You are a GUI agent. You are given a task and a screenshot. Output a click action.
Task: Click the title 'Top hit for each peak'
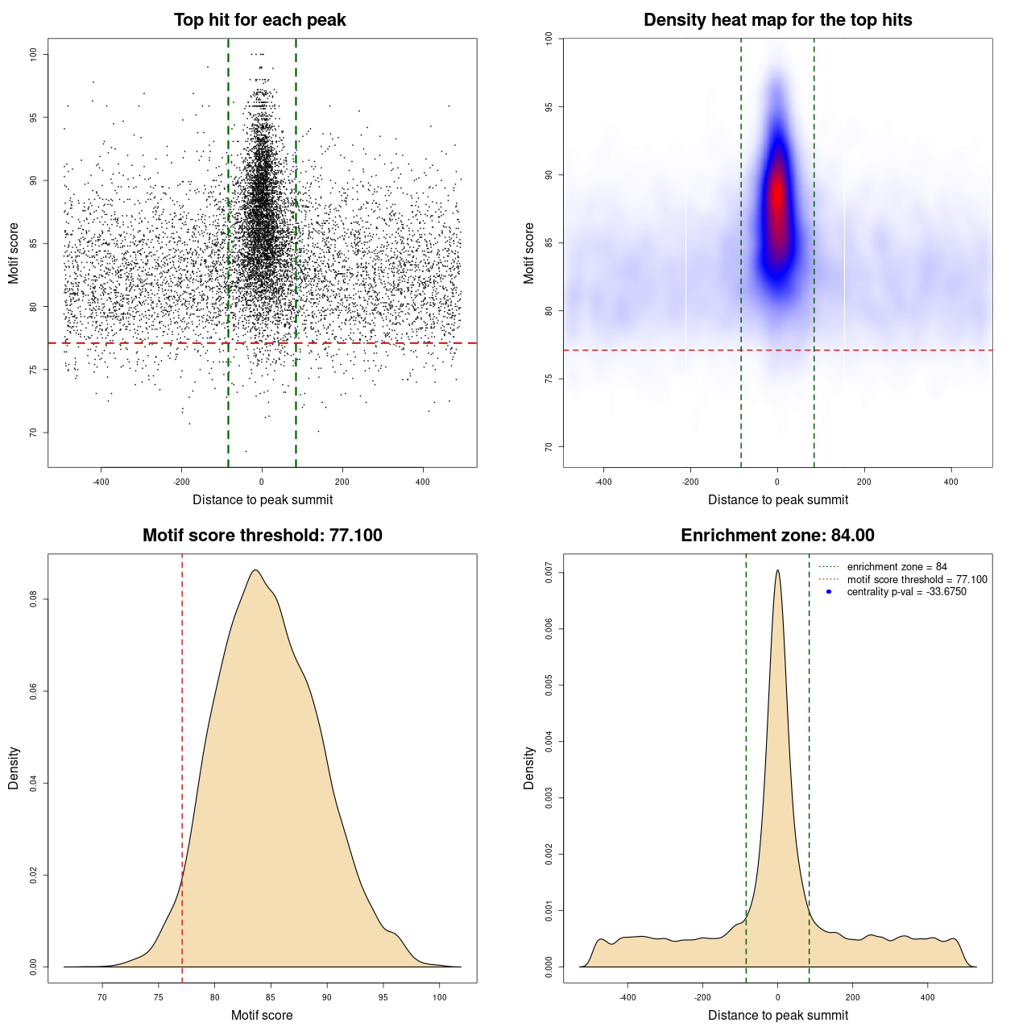click(259, 20)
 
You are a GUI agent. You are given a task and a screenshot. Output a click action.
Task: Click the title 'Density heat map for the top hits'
click(777, 20)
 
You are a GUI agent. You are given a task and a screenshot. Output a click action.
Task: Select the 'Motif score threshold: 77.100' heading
click(262, 536)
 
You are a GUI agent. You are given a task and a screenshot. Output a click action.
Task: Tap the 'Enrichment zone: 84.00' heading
click(777, 536)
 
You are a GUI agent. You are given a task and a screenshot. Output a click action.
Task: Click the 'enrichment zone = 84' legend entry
click(896, 567)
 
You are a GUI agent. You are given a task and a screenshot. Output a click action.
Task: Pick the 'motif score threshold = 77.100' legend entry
click(917, 579)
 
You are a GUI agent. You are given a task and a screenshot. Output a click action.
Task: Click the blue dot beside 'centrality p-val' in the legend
click(829, 592)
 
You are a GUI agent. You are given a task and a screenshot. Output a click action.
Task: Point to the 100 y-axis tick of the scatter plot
click(33, 54)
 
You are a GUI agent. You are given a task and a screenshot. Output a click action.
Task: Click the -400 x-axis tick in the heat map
click(603, 482)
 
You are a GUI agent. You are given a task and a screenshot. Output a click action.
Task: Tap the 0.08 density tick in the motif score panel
click(33, 599)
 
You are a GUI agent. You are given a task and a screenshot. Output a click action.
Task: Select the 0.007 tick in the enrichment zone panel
click(549, 573)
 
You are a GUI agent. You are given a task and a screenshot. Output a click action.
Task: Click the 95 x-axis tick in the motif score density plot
click(383, 997)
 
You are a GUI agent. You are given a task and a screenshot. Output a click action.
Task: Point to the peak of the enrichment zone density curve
click(777, 570)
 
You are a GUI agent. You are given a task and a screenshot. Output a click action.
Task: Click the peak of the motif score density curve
click(255, 570)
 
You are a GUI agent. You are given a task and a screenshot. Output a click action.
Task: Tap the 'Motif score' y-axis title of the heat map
click(528, 253)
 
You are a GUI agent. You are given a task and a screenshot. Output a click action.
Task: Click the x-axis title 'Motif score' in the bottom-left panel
click(262, 1015)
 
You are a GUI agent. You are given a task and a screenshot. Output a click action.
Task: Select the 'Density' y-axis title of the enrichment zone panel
click(528, 768)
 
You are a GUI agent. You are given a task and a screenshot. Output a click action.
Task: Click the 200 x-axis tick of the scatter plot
click(342, 482)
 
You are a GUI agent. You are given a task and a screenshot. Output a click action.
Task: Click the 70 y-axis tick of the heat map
click(549, 446)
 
